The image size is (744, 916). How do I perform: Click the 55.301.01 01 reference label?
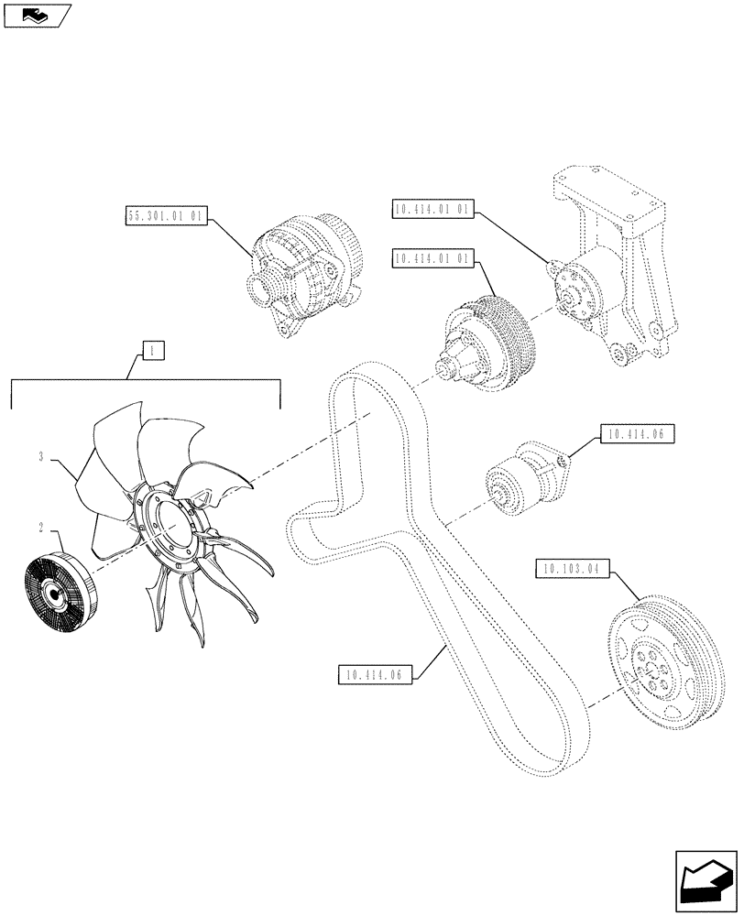[x=166, y=217]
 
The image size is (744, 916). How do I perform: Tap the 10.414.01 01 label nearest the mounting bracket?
[x=432, y=210]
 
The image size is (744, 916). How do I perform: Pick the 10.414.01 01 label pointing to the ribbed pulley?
[x=432, y=259]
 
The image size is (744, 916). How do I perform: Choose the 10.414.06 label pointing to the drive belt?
[x=376, y=676]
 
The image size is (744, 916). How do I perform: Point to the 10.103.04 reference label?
[x=569, y=570]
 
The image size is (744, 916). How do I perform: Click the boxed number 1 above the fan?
[x=152, y=349]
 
